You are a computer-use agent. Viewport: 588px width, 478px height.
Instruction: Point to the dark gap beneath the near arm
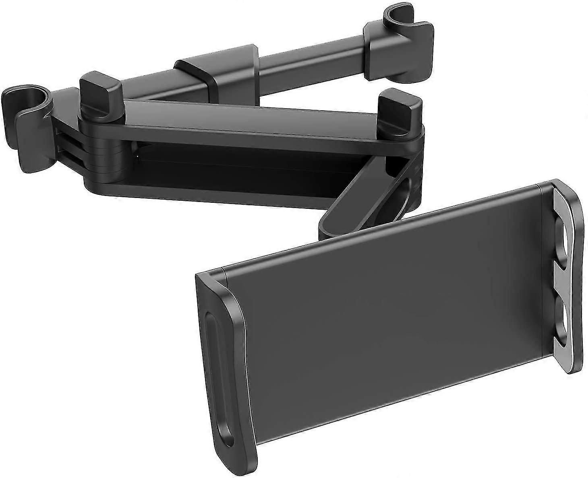coord(242,157)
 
